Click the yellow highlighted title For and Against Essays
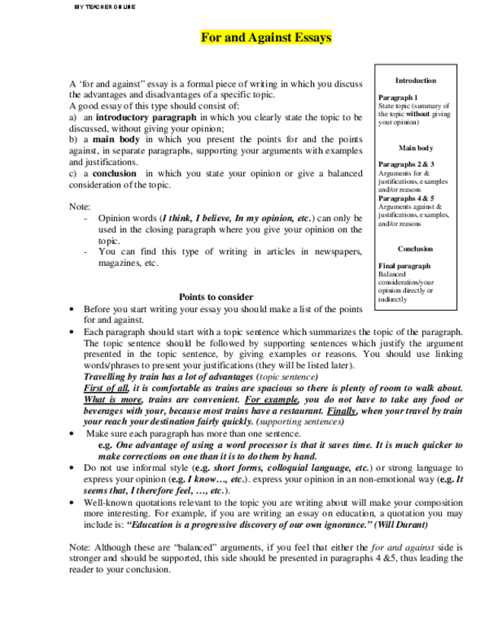pos(265,37)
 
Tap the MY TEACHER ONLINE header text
pos(104,6)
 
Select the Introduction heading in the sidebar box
pos(415,80)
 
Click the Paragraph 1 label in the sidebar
pos(398,98)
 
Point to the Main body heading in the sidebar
pos(415,148)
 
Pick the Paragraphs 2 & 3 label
pos(406,165)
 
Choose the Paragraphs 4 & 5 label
pos(406,198)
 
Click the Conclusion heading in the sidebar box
pos(415,249)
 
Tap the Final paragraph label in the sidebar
pos(404,266)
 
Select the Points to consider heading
pos(216,297)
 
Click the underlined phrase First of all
pos(106,387)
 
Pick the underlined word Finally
pos(342,410)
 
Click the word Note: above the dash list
pos(79,206)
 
